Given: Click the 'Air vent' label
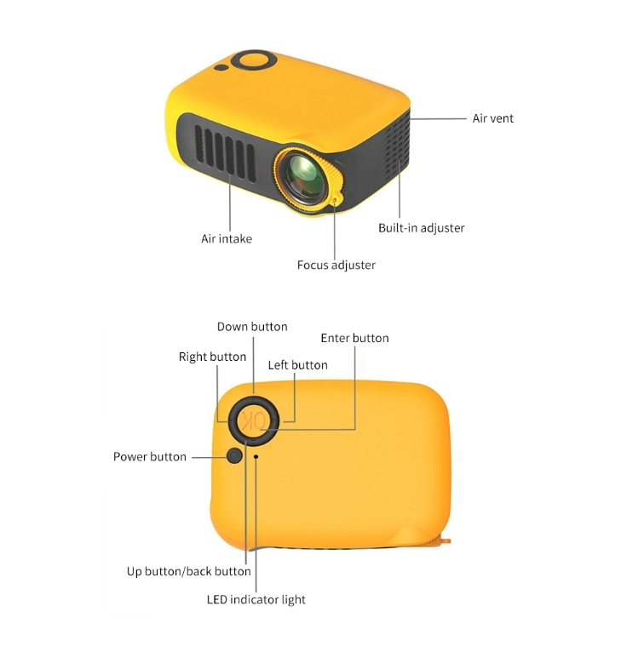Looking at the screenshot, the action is pos(492,118).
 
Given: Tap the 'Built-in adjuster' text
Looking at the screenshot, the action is pos(422,228).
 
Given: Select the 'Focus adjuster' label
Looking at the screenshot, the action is pos(336,265).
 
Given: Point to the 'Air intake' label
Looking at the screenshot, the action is pos(227,238).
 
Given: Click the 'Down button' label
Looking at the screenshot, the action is pos(252,327).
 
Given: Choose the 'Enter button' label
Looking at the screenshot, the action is pos(354,338).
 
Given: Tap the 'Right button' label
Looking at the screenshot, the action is pos(212,357).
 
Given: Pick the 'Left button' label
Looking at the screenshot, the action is pos(297,365).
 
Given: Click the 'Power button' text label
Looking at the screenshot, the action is pos(150,457).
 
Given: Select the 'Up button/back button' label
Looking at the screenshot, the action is pos(189,571).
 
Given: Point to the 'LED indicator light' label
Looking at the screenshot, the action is pos(256,599).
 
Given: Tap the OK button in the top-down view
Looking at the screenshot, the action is pos(254,421).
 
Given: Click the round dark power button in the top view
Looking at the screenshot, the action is pos(234,455).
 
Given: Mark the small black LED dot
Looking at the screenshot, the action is pos(256,456).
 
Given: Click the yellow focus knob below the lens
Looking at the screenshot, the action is pos(336,199).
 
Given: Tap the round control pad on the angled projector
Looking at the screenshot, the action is pos(254,60).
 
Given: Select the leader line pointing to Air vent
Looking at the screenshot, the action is pos(438,118).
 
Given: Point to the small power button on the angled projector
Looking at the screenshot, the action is pos(221,67).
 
